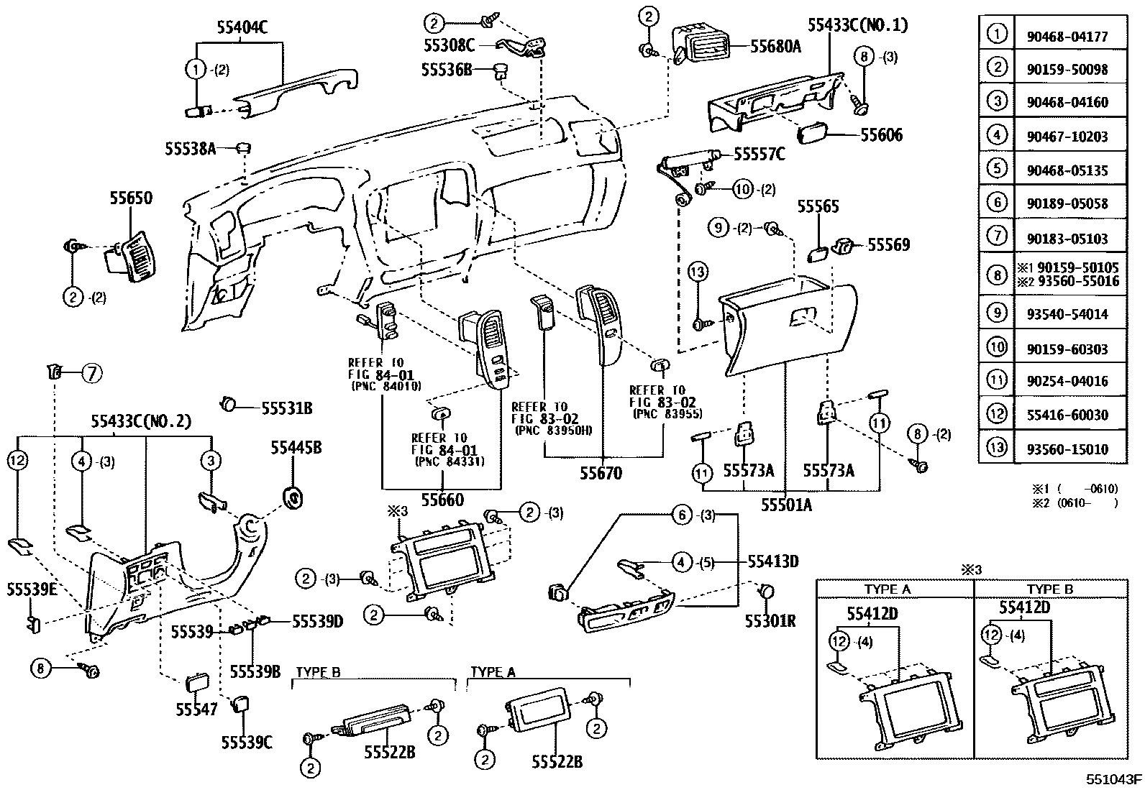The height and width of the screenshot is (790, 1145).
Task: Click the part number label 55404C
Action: tap(242, 27)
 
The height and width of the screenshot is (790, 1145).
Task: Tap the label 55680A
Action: tap(775, 47)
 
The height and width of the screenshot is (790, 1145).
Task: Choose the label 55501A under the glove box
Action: tap(786, 504)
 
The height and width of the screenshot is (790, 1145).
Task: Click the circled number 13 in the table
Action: tap(996, 449)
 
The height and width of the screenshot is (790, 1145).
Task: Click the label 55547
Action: tap(196, 709)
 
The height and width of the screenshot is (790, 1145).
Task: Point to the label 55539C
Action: tap(246, 743)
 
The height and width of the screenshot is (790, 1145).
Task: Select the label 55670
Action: tap(601, 473)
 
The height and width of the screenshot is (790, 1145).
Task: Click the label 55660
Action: tap(442, 499)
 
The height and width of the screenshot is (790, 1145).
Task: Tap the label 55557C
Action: tap(759, 154)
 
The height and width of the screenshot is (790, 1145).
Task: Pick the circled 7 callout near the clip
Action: tap(92, 372)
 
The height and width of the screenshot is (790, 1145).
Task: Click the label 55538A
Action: tap(190, 148)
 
